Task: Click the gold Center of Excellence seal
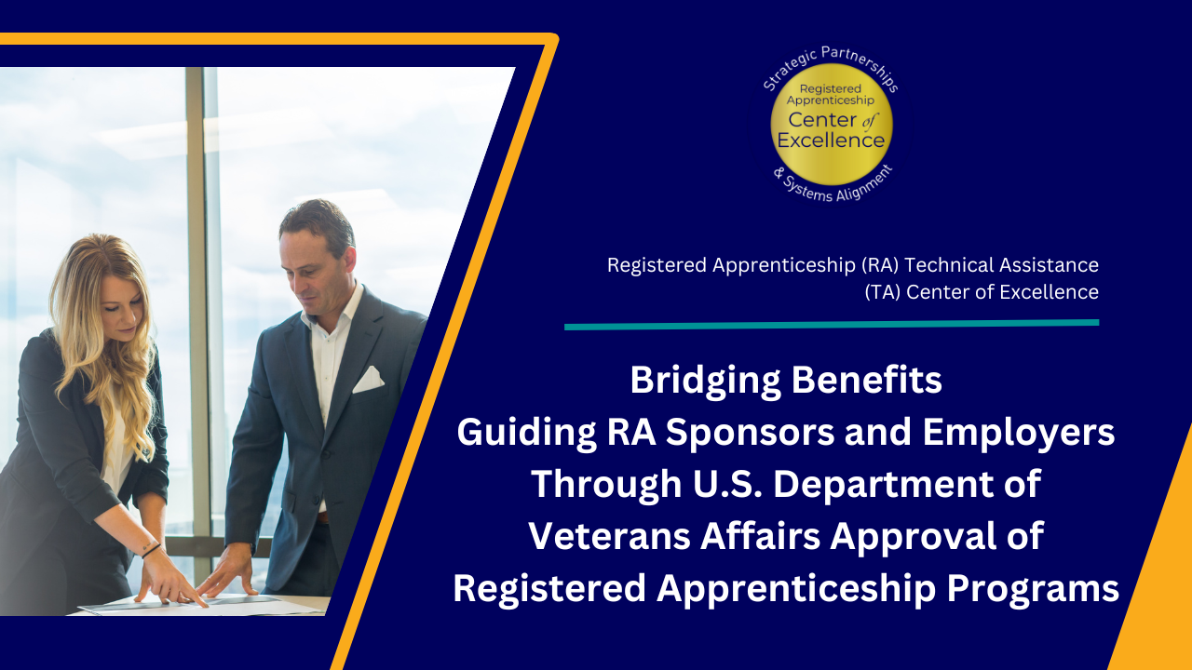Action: [x=832, y=125]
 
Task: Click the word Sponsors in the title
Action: [x=751, y=434]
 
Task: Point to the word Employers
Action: [x=1019, y=434]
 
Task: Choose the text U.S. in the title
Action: [x=727, y=484]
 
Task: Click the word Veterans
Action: [x=609, y=537]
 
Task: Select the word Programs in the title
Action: [x=1033, y=589]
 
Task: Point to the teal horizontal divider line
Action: [x=832, y=325]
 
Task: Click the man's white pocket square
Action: [x=368, y=380]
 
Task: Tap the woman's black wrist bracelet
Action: [x=151, y=550]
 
